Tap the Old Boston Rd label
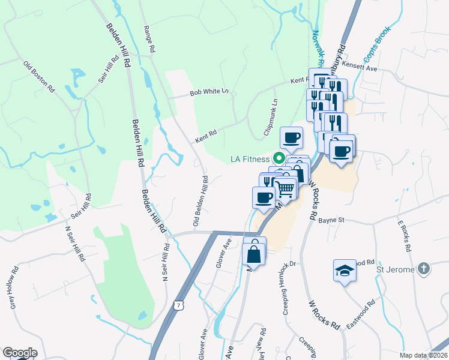pos(39,76)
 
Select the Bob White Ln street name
pos(209,92)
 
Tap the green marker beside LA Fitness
pos(279,158)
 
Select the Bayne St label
pos(331,220)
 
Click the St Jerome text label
pos(396,269)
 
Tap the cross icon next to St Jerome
pos(424,269)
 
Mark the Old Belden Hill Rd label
pos(201,201)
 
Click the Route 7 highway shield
pos(178,305)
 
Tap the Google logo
pos(20,353)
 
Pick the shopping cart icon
pos(286,188)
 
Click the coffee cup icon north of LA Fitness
pos(292,137)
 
